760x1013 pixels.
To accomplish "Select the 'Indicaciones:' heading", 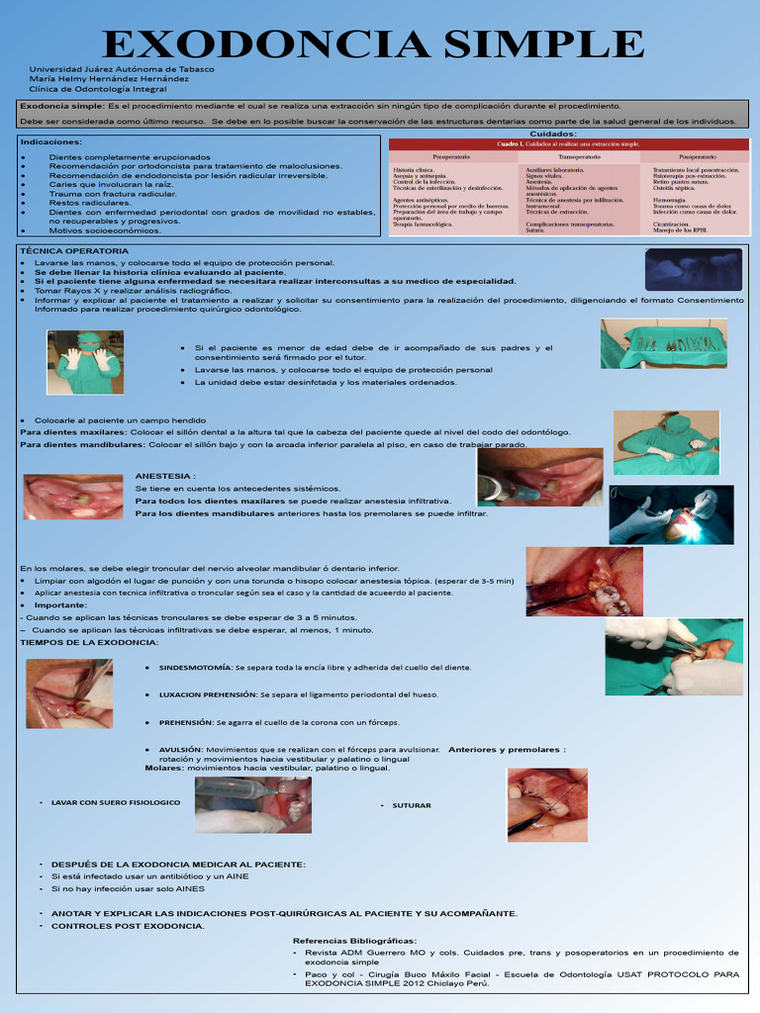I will (50, 141).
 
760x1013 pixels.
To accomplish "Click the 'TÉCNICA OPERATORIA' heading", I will (73, 251).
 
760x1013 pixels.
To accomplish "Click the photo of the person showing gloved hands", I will (84, 362).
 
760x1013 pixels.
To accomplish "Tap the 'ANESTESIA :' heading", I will (165, 476).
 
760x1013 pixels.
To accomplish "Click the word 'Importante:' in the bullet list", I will (61, 604).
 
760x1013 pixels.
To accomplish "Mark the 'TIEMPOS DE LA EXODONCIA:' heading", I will (89, 642).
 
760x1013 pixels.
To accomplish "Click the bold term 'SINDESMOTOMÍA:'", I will (196, 668).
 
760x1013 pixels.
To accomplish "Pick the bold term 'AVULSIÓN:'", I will (181, 750).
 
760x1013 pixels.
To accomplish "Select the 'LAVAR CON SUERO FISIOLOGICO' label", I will (116, 802).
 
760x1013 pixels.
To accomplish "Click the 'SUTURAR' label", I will (412, 806).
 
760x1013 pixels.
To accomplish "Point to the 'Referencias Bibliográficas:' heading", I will (355, 941).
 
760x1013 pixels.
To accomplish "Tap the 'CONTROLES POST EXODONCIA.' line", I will (128, 926).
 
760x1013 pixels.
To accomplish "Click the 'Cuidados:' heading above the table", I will (553, 134).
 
